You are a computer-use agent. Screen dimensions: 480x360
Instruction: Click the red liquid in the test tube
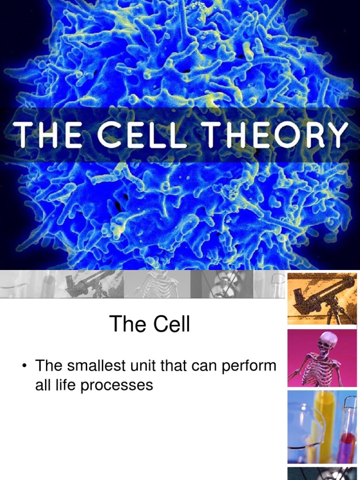348,443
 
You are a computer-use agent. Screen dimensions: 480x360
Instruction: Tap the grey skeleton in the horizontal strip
157,285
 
